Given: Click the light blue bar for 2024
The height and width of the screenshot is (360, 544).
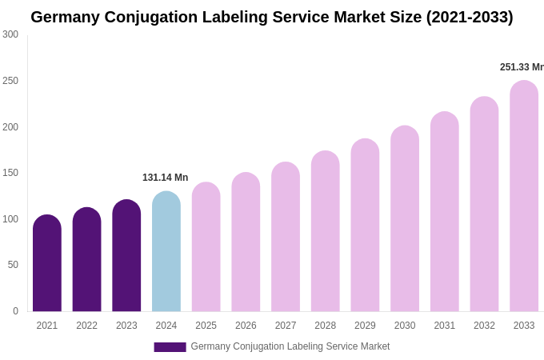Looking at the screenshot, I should tap(166, 252).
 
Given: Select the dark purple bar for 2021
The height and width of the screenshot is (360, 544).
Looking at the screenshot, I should tap(47, 264).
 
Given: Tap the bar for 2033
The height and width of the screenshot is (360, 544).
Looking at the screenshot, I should tap(524, 196).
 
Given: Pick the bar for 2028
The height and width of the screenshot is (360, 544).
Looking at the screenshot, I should tap(326, 232).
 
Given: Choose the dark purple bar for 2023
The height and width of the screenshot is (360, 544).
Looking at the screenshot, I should tap(126, 256).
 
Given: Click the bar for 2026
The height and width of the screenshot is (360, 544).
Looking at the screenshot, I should tap(246, 242).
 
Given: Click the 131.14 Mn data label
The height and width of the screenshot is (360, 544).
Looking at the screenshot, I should tap(165, 178).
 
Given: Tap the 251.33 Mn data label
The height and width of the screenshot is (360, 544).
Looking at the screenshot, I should tap(521, 67).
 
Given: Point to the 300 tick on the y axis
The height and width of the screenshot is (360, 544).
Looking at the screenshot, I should tap(10, 34).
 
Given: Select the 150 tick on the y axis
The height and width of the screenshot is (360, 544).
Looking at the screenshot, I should tap(10, 173).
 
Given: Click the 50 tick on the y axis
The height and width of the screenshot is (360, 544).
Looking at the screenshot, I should tap(13, 265).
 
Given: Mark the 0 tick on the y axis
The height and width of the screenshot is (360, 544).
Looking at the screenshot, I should tap(15, 311).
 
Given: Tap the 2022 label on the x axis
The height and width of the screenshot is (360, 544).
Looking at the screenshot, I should tap(86, 326).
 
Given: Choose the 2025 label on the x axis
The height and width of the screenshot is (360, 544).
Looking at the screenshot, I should tap(206, 326).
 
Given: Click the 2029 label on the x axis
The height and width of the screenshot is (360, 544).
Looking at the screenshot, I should tap(365, 326).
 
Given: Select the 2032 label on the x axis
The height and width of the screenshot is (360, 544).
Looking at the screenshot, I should tap(484, 326).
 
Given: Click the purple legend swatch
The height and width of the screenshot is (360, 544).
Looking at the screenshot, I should tap(170, 347).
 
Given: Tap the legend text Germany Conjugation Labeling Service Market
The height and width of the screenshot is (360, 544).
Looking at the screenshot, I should tap(290, 346).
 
